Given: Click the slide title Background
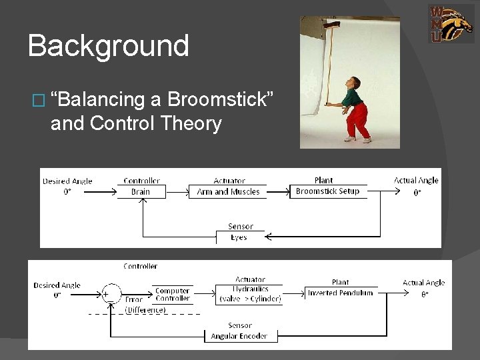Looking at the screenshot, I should (109, 46).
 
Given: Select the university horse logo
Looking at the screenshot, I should (451, 23).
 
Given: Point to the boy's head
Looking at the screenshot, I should (355, 85).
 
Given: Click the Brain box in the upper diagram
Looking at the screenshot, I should (140, 191).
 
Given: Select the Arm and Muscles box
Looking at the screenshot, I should (228, 191).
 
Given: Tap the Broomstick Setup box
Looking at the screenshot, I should (327, 191).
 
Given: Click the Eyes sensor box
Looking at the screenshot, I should (239, 237).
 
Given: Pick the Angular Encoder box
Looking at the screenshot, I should (239, 337).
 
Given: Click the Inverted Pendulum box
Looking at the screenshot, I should (341, 293).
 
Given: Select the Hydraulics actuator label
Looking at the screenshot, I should (249, 289).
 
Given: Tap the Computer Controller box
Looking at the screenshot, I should (173, 295).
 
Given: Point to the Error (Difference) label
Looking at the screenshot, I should (145, 305).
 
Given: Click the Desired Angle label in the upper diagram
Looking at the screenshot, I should (67, 181).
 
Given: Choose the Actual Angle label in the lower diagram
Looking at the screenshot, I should (423, 283).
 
